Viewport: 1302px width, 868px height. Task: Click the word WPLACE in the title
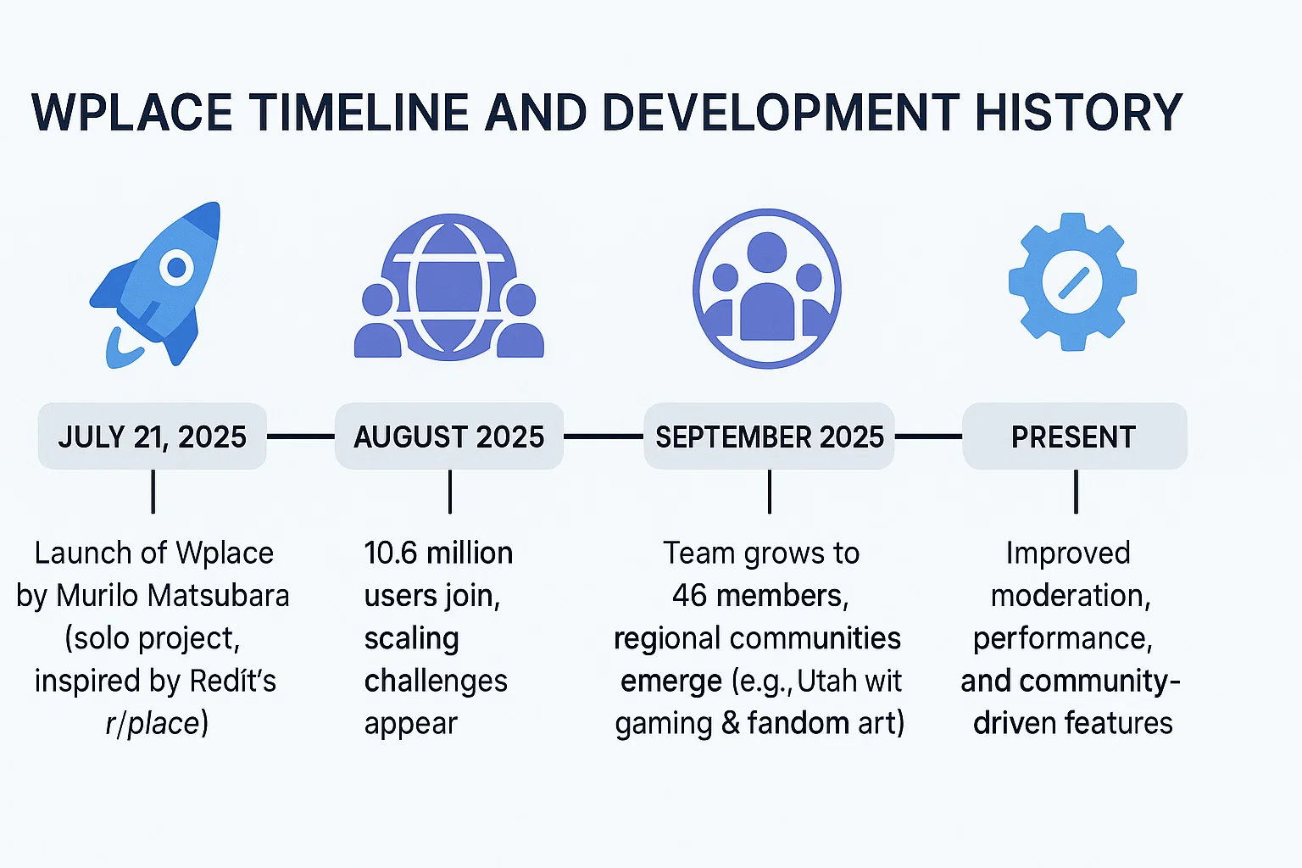tap(132, 113)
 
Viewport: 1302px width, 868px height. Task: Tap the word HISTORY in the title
tap(1078, 113)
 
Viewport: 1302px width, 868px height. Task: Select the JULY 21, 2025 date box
tap(153, 436)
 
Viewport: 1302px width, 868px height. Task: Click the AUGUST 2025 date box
tap(448, 436)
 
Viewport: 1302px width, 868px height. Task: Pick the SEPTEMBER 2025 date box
tap(769, 436)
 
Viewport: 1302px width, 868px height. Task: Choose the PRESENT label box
tap(1075, 436)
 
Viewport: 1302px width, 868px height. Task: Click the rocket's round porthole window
tap(176, 267)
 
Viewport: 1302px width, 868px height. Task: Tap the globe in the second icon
tap(448, 287)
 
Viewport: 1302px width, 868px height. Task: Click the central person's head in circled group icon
tap(766, 252)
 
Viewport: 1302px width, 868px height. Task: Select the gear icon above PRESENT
tap(1072, 282)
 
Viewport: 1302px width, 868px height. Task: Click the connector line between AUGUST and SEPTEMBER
tap(604, 436)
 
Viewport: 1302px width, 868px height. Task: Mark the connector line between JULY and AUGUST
tap(301, 436)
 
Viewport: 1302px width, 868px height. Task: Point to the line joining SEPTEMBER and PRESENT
tap(928, 436)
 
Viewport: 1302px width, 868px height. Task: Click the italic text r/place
tap(153, 725)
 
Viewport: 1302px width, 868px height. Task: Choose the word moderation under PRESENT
tap(1071, 596)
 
